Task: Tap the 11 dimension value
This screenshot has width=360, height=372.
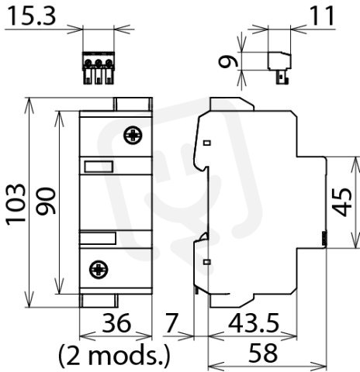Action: click(322, 16)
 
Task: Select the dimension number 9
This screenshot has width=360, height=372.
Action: click(228, 62)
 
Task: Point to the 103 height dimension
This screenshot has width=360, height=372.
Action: click(16, 204)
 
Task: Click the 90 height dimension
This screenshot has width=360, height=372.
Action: click(46, 201)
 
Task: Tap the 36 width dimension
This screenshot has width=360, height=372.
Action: click(116, 323)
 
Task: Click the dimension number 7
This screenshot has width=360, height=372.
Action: click(171, 323)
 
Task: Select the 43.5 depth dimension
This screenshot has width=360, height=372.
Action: click(254, 323)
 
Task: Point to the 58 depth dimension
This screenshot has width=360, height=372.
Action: click(263, 353)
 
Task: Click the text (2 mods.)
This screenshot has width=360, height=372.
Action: click(114, 356)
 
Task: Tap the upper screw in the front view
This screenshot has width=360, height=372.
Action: click(133, 135)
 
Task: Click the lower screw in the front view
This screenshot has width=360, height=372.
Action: click(99, 270)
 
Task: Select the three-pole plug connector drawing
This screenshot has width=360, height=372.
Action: click(99, 68)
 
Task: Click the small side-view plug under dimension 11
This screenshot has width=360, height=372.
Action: click(280, 67)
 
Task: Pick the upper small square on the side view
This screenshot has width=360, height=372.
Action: click(207, 143)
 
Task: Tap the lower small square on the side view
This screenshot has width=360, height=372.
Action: click(207, 262)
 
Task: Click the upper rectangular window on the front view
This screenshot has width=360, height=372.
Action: click(99, 167)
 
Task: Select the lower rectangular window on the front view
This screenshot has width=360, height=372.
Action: click(98, 238)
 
